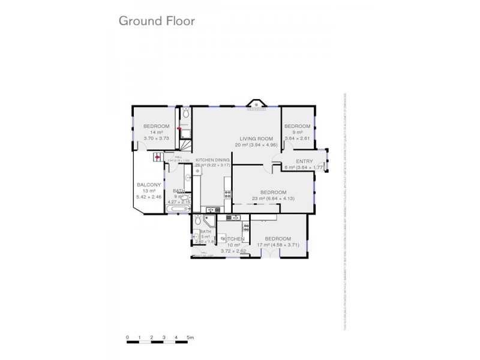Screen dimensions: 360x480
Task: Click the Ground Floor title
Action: pyautogui.click(x=156, y=21)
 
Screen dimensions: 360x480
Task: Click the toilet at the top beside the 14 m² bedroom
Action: pyautogui.click(x=186, y=113)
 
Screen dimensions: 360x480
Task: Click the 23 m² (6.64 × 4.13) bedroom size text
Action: pyautogui.click(x=272, y=198)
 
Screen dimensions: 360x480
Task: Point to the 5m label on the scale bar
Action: pyautogui.click(x=190, y=337)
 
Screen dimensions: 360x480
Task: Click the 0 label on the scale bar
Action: pyautogui.click(x=127, y=337)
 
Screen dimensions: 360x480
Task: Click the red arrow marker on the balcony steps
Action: pyautogui.click(x=157, y=158)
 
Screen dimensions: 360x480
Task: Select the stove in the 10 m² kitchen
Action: pyautogui.click(x=245, y=227)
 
